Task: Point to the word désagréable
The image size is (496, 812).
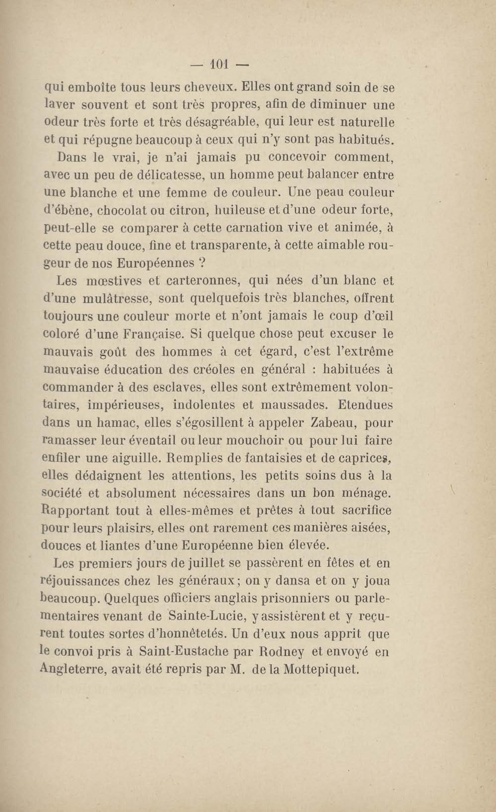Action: pyautogui.click(x=224, y=123)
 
